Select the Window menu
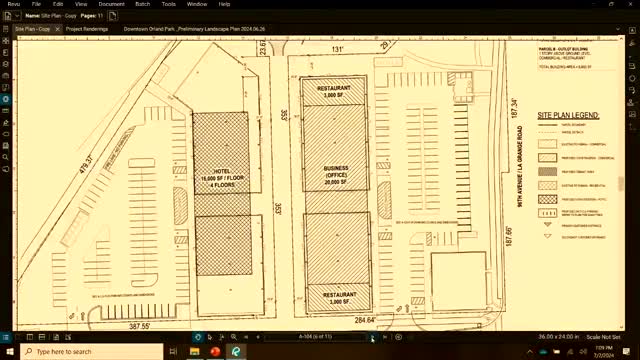point(196,4)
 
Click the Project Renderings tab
point(88,29)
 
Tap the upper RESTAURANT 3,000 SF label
point(334,91)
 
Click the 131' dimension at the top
point(338,48)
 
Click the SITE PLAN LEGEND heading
point(568,116)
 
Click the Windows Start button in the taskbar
point(8,351)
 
